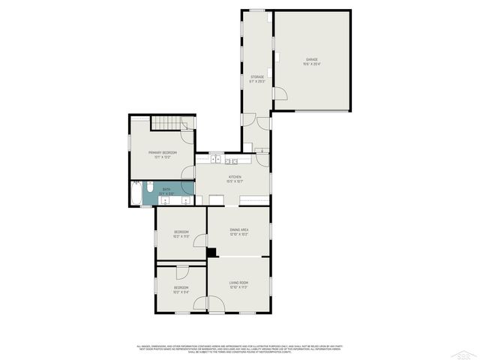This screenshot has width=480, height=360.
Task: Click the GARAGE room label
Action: (311, 58)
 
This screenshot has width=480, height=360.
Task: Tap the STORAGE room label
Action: (257, 76)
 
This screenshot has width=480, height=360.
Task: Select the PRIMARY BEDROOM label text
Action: (163, 152)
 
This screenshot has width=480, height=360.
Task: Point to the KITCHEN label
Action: (235, 177)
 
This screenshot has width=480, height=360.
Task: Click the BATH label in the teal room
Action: (166, 189)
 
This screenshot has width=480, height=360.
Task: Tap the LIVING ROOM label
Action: (238, 283)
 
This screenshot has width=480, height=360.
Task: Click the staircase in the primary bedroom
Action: (166, 123)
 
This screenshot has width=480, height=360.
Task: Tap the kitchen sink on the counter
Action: (216, 159)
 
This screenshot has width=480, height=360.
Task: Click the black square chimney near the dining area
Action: (211, 252)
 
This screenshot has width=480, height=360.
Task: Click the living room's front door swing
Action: (215, 304)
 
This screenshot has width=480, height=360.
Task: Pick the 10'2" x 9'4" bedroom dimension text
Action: (181, 290)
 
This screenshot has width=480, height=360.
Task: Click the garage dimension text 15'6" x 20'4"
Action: (311, 64)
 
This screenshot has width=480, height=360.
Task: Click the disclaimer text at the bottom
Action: (240, 349)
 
